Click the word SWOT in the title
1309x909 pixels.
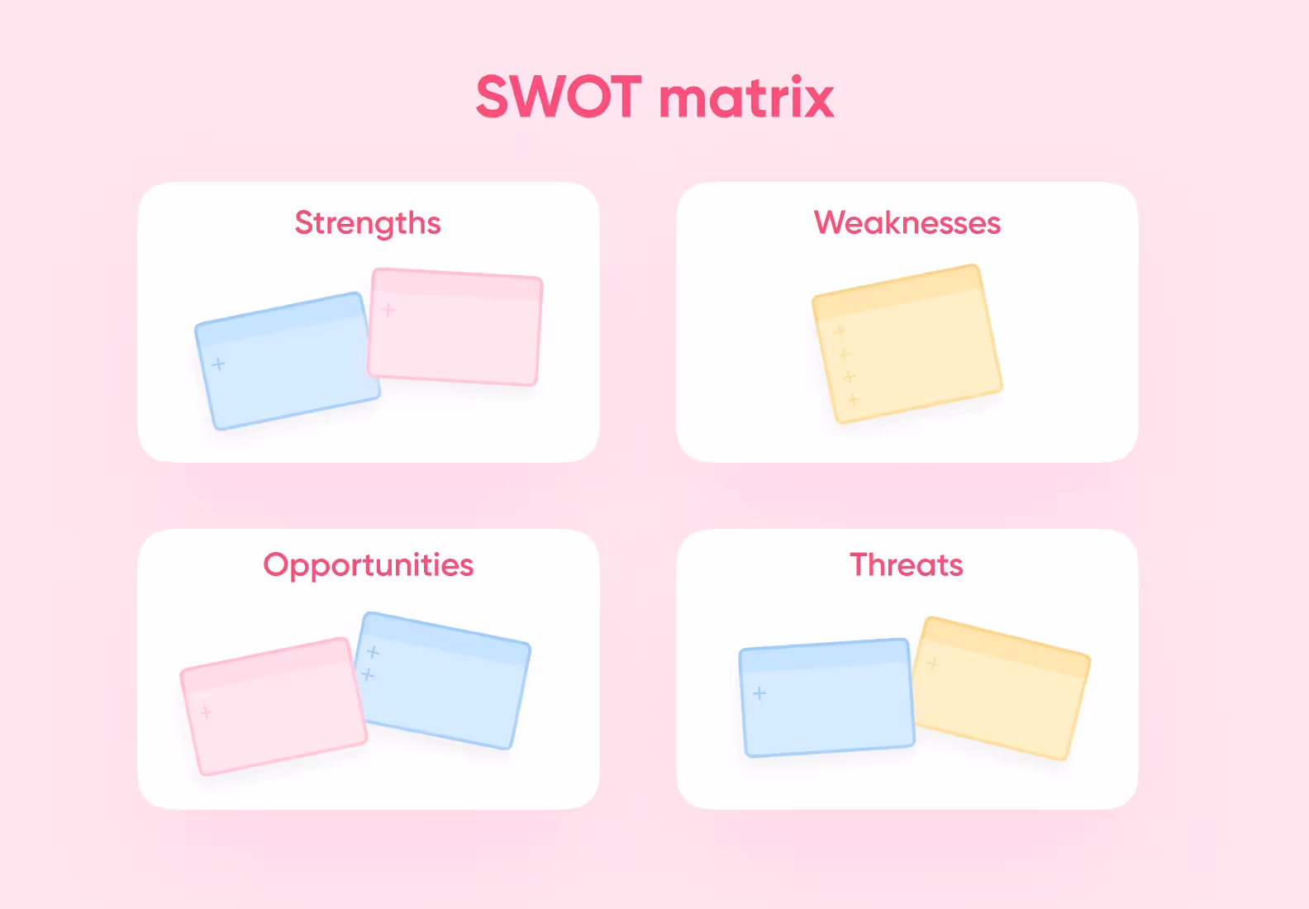point(559,98)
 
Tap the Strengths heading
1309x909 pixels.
point(368,223)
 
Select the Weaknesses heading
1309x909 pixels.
point(907,223)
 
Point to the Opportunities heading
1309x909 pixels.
point(368,565)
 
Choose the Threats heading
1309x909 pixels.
point(907,565)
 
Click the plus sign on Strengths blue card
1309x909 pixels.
point(218,364)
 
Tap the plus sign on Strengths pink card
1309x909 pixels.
point(389,310)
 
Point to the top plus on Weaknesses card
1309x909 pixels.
point(839,331)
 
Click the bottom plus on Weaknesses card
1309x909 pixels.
point(854,400)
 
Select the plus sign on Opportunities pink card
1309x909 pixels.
point(206,711)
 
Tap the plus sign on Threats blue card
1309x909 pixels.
point(759,693)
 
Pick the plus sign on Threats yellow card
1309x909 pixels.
point(933,664)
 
